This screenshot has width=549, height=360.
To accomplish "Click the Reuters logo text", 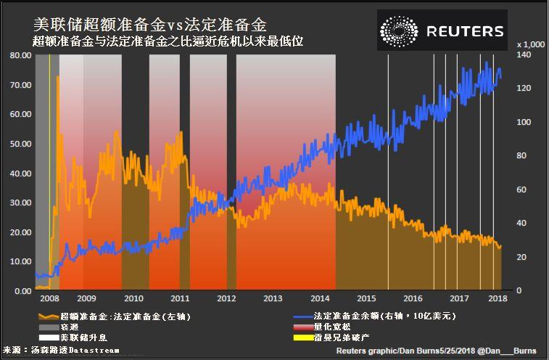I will (465, 30).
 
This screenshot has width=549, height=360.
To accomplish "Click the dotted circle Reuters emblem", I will (399, 30).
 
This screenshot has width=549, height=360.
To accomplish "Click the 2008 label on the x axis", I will (49, 298).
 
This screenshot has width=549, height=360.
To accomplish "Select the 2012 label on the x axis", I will (226, 298).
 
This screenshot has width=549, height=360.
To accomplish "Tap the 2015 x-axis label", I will (366, 298).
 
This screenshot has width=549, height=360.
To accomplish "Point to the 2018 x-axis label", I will (498, 298).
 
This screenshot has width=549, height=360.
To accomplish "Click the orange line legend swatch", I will (48, 316).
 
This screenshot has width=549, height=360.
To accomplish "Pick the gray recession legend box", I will (48, 327).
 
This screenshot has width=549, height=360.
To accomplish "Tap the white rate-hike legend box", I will (48, 337).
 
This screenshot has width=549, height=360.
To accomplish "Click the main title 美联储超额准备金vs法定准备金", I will (149, 24).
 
